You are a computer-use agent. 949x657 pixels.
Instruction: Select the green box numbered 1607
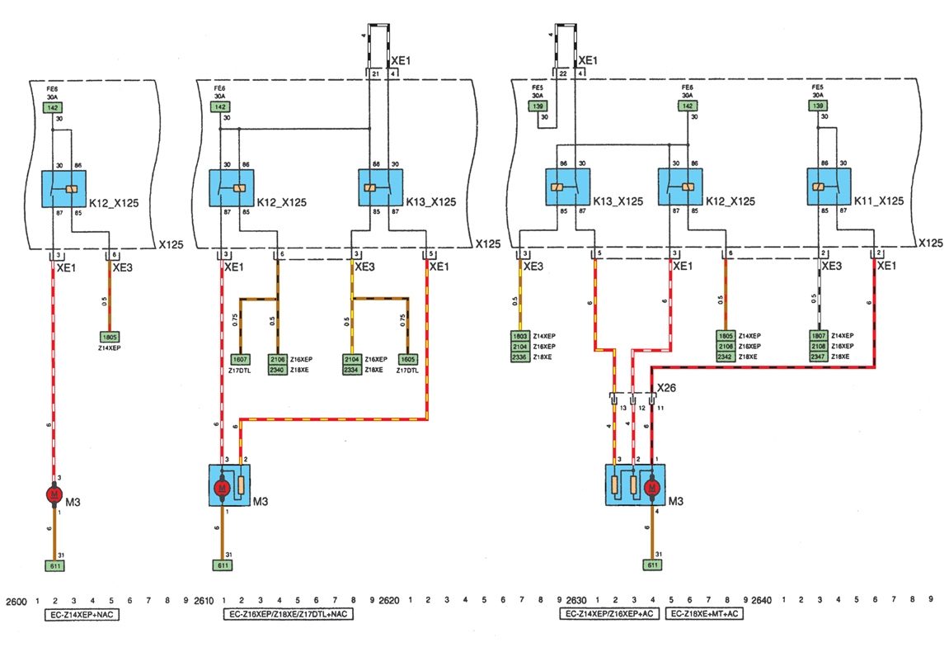coord(239,360)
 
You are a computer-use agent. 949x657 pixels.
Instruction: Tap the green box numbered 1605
coord(407,360)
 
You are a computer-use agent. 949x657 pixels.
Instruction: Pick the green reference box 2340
coord(277,371)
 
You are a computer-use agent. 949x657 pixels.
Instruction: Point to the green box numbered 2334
coord(353,371)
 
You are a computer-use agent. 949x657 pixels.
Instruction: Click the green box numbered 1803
coord(519,337)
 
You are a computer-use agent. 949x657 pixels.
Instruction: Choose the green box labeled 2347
coord(818,357)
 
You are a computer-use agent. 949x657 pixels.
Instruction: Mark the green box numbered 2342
coord(726,357)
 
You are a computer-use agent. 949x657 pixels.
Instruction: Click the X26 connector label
coord(665,387)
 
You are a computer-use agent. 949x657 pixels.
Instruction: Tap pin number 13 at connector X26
coord(623,408)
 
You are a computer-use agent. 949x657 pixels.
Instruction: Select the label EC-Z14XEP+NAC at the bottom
coord(81,615)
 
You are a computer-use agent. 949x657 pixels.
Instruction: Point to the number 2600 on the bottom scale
coord(16,600)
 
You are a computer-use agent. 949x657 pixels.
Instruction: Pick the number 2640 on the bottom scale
coord(763,600)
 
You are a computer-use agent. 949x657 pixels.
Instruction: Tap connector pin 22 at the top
coord(563,74)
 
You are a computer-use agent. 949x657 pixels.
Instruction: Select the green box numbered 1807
coord(818,337)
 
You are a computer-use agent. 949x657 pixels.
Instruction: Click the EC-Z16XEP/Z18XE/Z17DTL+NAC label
coord(289,615)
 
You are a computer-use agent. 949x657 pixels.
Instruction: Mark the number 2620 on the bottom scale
coord(389,600)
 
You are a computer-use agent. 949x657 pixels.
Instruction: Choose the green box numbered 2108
coord(818,347)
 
